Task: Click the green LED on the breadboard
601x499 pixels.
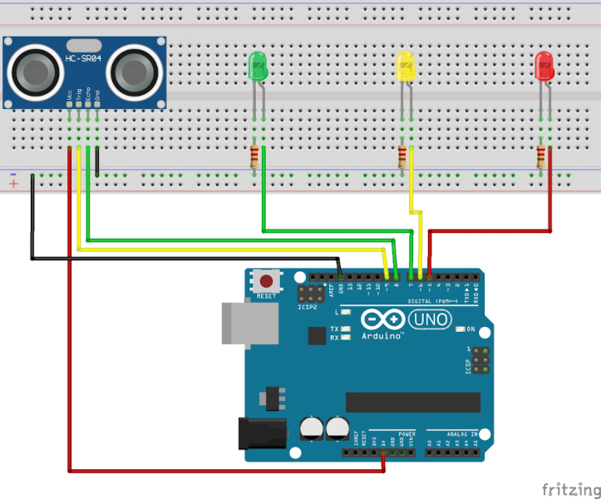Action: [x=259, y=67]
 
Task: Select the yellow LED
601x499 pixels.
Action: [x=406, y=67]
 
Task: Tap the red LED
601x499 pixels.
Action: [x=545, y=67]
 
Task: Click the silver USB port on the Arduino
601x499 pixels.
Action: [x=249, y=323]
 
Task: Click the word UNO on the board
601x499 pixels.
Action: [x=431, y=319]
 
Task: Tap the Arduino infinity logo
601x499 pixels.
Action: [x=384, y=320]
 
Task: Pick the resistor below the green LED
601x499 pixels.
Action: [x=255, y=157]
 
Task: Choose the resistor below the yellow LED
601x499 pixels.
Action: [x=404, y=157]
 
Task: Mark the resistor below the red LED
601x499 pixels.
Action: [x=542, y=157]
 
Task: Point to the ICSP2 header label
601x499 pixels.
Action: [x=308, y=308]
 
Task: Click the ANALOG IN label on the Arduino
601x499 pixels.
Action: [x=461, y=434]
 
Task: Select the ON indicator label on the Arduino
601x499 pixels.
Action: [x=470, y=329]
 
